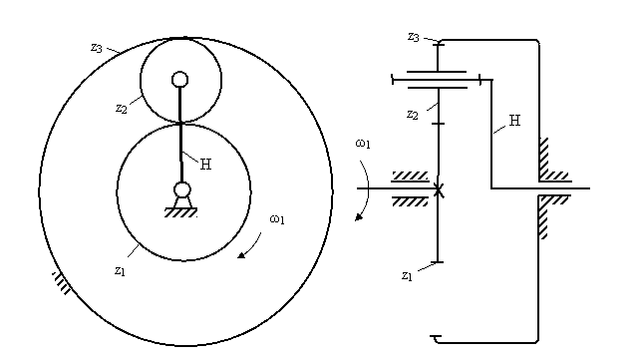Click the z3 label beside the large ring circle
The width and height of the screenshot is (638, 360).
[x=97, y=48]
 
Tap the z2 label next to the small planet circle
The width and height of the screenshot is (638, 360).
[x=122, y=109]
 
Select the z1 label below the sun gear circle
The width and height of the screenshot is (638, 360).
[x=120, y=271]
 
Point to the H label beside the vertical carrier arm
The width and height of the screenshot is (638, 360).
[x=206, y=165]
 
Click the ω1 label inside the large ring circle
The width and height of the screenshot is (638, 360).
[x=277, y=219]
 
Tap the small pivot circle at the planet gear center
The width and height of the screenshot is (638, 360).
[x=179, y=80]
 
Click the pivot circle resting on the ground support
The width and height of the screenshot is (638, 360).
[x=181, y=189]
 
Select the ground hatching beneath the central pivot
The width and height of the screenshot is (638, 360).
[x=180, y=212]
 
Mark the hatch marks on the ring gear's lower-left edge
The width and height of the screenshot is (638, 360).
[x=62, y=282]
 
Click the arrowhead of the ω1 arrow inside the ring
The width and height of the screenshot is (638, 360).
[x=241, y=255]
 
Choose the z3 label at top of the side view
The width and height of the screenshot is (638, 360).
[x=414, y=37]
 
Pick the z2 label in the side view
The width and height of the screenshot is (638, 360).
[x=413, y=115]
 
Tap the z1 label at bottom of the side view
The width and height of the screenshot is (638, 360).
[x=407, y=276]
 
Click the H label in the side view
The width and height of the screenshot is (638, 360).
[x=514, y=121]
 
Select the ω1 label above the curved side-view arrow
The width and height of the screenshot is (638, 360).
[x=363, y=144]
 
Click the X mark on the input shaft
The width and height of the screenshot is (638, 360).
[x=439, y=189]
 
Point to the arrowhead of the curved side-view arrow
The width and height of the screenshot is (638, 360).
[x=359, y=217]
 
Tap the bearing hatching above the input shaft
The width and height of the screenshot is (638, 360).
[x=410, y=176]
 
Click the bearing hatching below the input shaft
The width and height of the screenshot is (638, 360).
[x=410, y=201]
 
